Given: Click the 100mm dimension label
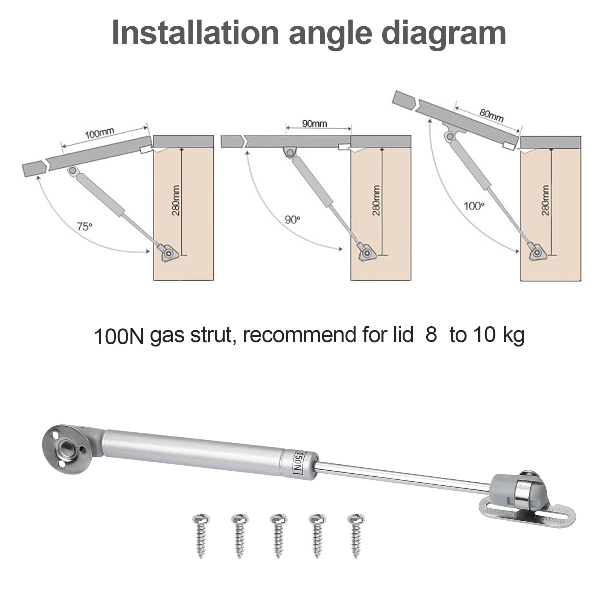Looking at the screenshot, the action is pos(99,132).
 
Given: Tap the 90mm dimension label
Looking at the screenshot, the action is pos(315,123).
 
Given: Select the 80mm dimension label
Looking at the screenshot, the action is pos(491,115).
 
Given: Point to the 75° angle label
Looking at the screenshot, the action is pos(84,227).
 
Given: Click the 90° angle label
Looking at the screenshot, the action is pos(292,219).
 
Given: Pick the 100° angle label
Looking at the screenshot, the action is pos(474,206).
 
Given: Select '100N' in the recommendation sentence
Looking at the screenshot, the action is pos(119,336).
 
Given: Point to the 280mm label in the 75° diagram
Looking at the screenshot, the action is pos(176,200).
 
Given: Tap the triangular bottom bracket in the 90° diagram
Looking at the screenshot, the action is pos(366,252).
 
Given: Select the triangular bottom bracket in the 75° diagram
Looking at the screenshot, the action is pos(167,252).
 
